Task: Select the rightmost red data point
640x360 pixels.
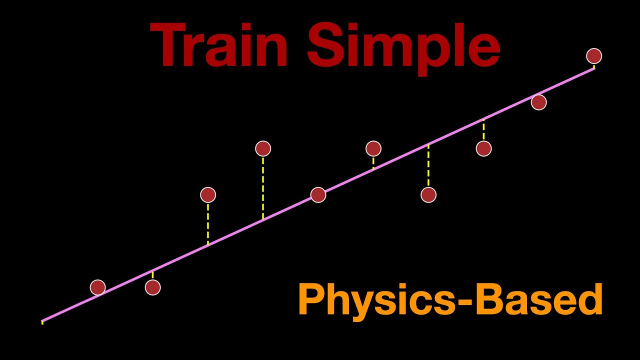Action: pos(594,56)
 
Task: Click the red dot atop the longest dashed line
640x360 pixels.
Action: pos(263,148)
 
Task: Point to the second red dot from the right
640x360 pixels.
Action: pos(538,102)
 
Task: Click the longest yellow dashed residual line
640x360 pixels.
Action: pos(263,187)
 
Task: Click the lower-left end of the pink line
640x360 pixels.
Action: pos(42,320)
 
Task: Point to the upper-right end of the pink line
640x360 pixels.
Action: pos(594,68)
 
